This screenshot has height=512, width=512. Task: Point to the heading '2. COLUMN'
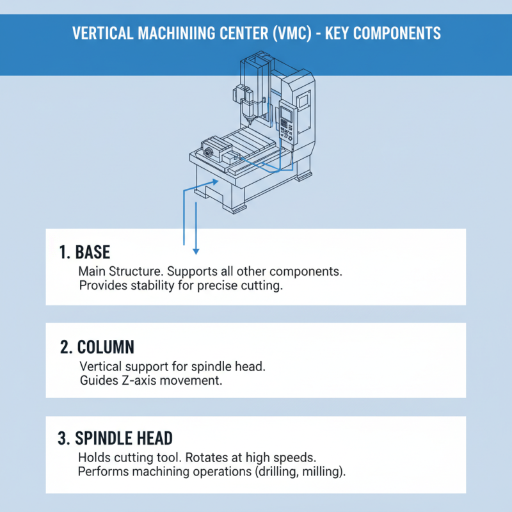[x=97, y=347]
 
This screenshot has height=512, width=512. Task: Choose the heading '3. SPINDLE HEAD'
[x=115, y=438]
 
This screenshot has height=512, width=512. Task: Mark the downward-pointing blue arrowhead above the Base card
[x=196, y=250]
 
